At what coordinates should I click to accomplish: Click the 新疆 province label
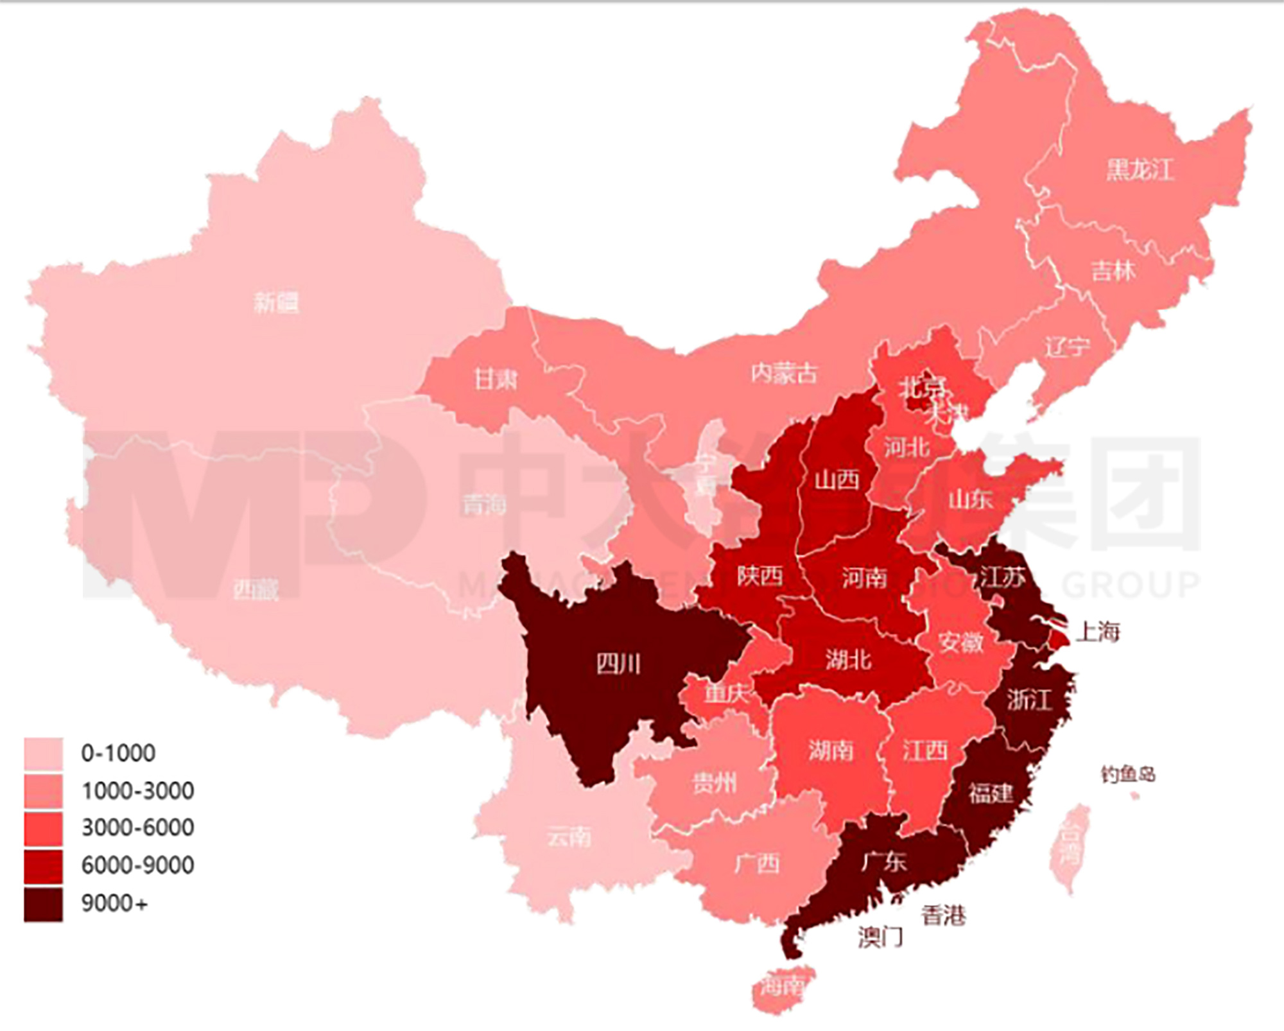[276, 302]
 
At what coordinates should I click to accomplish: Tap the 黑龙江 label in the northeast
[1140, 169]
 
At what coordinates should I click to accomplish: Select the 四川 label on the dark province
[618, 663]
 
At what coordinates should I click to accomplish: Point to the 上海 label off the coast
[1098, 632]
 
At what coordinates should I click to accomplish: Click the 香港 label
[943, 915]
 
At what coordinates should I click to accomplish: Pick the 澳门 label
[880, 937]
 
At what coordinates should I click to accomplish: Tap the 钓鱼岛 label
[1128, 774]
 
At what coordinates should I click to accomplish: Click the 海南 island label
[781, 985]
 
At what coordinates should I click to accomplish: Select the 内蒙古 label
[785, 372]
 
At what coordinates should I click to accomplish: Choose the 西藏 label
[256, 589]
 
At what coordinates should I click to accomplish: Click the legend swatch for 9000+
[44, 904]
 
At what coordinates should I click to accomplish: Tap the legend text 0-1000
[118, 753]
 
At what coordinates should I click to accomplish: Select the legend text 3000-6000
[137, 827]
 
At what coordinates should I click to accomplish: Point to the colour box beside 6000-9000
[44, 866]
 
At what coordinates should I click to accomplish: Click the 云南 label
[569, 837]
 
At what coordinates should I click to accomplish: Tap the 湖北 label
[848, 659]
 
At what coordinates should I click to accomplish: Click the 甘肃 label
[495, 379]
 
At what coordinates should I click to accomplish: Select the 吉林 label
[1114, 270]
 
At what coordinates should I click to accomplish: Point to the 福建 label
[991, 793]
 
